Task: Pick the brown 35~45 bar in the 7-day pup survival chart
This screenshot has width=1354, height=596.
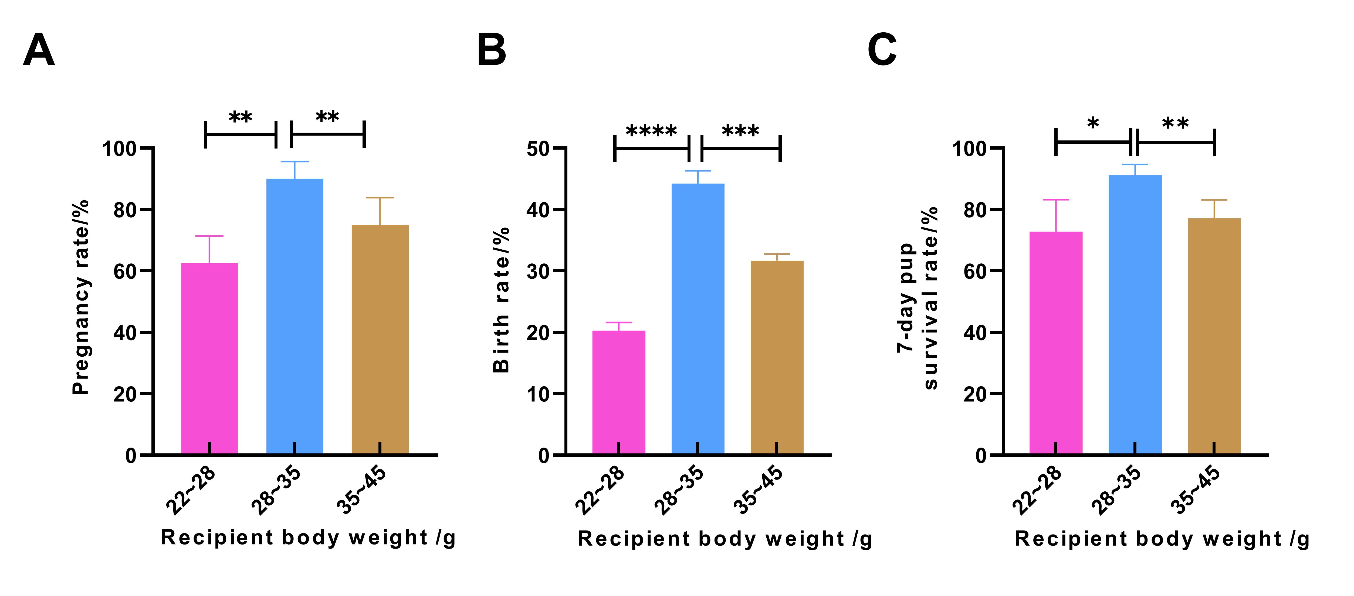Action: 1214,336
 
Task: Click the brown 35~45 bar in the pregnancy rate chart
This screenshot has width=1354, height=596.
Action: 380,339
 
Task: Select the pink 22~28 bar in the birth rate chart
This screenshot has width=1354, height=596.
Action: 619,392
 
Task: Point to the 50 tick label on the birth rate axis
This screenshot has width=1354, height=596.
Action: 538,149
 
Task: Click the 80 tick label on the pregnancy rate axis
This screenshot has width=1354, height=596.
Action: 126,210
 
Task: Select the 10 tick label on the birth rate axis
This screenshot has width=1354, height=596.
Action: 538,394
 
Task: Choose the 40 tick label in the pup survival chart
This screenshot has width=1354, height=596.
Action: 976,332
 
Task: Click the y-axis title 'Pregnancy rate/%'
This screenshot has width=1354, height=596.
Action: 81,297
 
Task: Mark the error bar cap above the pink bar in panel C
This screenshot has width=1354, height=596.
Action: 1056,199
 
